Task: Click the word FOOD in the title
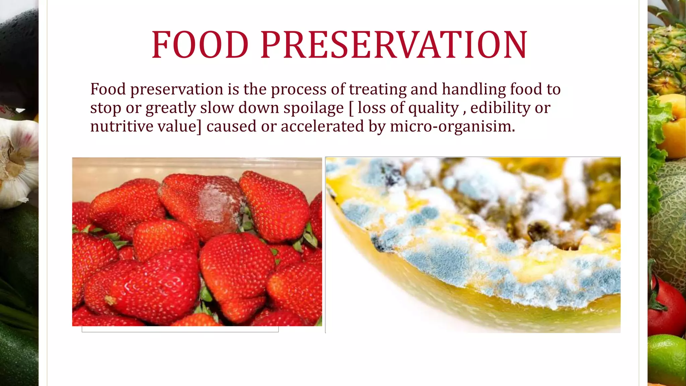pyautogui.click(x=200, y=45)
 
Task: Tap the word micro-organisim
pyautogui.click(x=452, y=127)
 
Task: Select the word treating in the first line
pyautogui.click(x=378, y=89)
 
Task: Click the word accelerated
pyautogui.click(x=322, y=127)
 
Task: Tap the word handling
pyautogui.click(x=473, y=89)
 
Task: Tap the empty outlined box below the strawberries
pyautogui.click(x=180, y=329)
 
